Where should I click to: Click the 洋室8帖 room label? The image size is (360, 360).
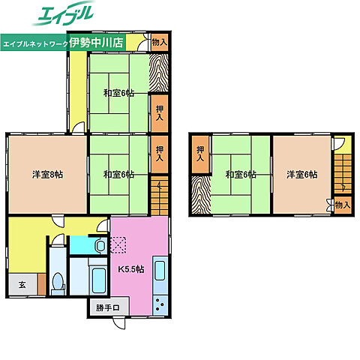47,175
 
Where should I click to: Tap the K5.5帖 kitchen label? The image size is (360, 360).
131,269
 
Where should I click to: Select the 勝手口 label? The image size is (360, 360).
108,307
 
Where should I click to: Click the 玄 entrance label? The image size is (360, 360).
22,284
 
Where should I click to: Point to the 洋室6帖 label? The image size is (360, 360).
302,175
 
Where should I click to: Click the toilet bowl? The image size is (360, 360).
58,280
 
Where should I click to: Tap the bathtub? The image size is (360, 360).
99,280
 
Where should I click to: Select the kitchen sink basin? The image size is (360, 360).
160,271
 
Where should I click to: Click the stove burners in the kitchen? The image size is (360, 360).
160,304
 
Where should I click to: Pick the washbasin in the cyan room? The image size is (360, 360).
101,246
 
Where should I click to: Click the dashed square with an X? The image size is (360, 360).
118,245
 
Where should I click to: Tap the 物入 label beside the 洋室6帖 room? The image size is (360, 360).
343,205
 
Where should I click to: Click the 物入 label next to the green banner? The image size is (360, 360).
160,42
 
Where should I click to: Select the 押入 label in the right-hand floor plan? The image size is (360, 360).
200,154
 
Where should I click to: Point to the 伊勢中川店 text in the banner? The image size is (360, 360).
97,43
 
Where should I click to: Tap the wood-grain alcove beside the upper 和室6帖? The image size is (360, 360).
158,73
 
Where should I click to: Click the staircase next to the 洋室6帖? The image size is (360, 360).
343,174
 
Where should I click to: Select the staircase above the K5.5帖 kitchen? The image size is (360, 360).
160,196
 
